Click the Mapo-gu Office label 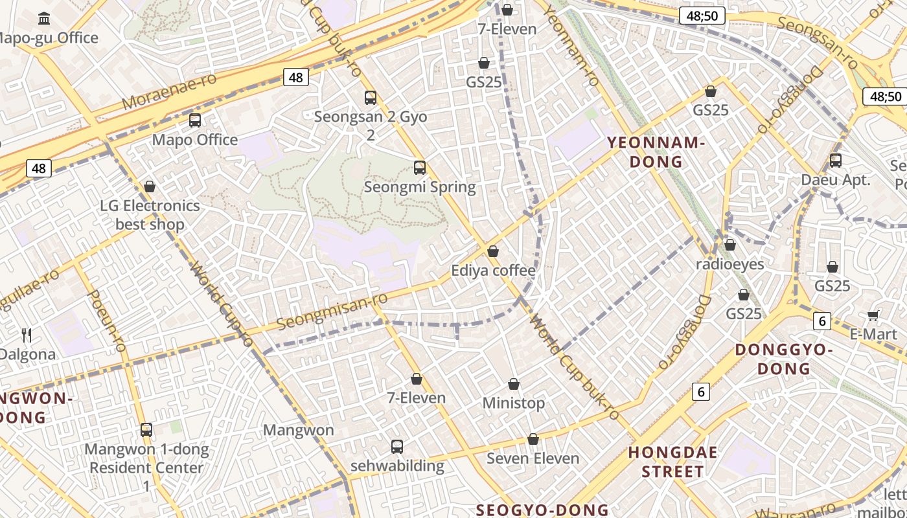tap(49, 38)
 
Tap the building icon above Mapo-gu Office tap(45, 18)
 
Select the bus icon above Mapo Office tap(195, 120)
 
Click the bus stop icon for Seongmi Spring tap(420, 168)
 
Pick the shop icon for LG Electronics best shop tap(150, 186)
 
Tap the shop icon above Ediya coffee tap(494, 251)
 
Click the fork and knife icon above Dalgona tap(27, 335)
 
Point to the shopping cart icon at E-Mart tap(873, 315)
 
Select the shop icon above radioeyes tap(730, 245)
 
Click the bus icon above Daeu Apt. tap(836, 161)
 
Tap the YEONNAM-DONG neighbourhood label tap(656, 152)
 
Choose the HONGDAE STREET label tap(672, 462)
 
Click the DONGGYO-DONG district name tap(784, 359)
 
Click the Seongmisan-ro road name tap(332, 311)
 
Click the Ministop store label tap(514, 403)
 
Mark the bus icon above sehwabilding tap(397, 447)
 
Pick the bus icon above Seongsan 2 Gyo tap(371, 98)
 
